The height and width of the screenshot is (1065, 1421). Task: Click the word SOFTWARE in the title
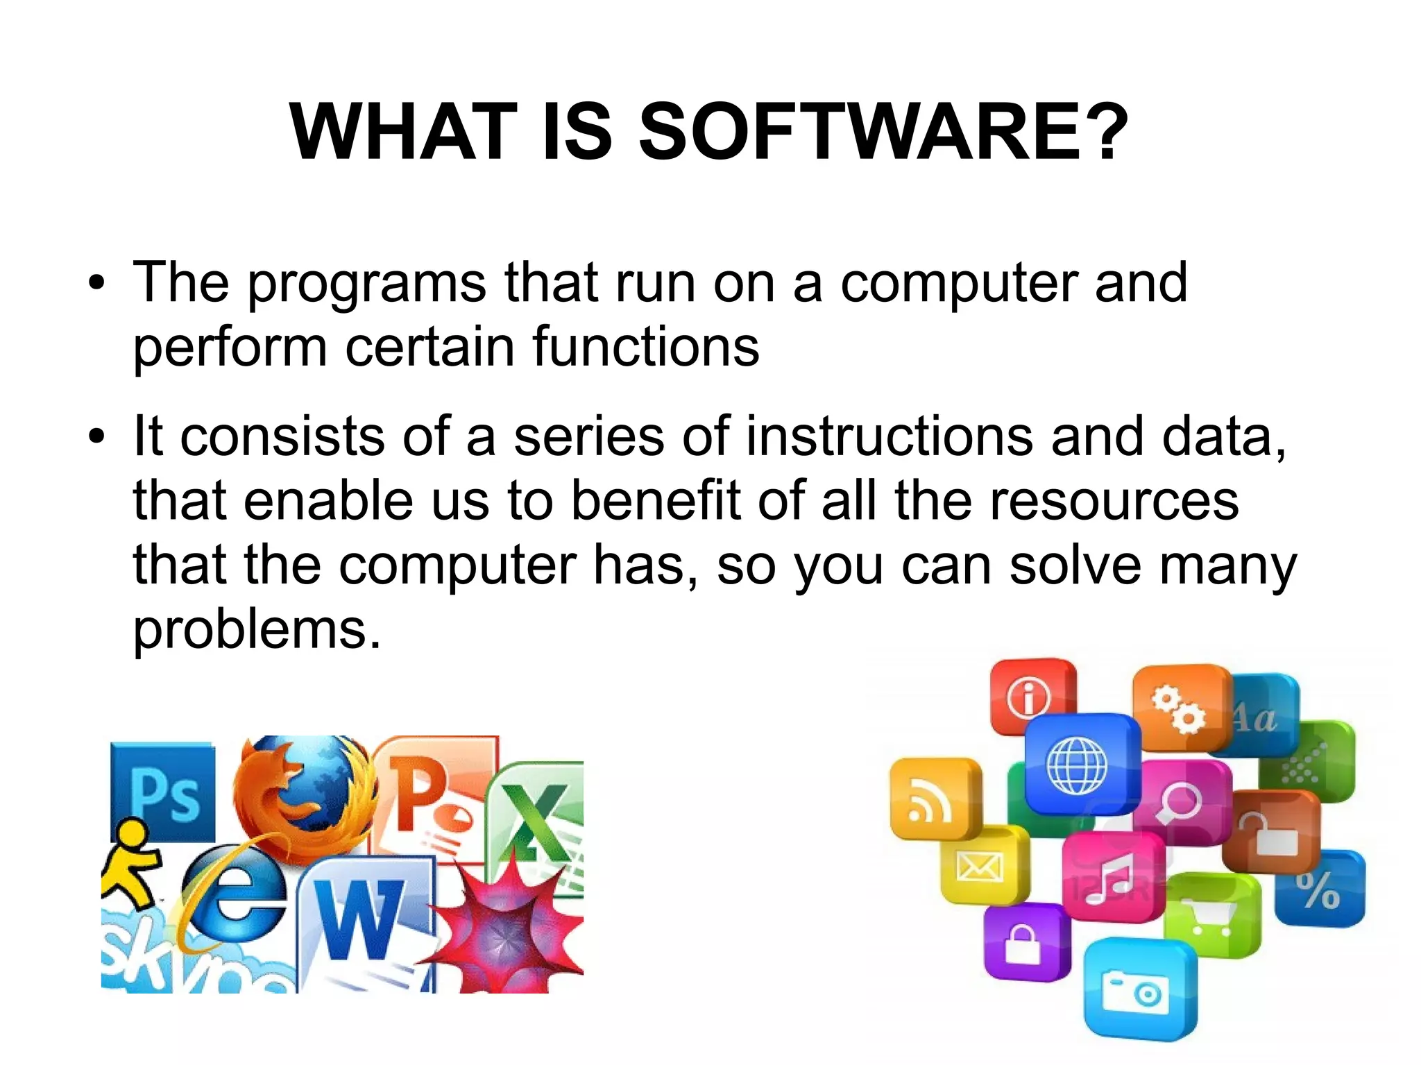[883, 132]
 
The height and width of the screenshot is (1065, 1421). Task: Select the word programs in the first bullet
[367, 284]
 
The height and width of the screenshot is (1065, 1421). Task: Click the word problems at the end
[257, 630]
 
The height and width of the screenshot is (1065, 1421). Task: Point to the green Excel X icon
[538, 819]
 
